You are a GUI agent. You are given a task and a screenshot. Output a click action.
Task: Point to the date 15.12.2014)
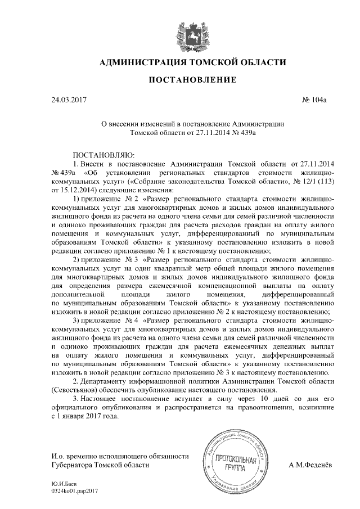[x=73, y=190]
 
